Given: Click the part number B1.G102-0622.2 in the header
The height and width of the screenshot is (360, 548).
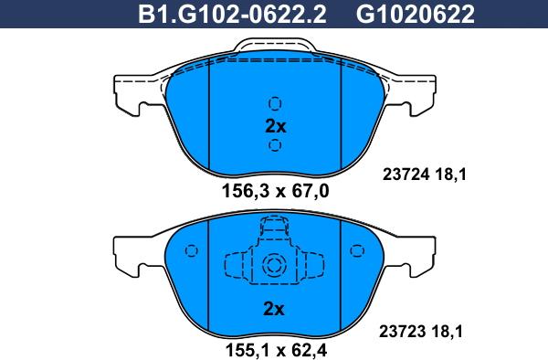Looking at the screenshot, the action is pos(232,15).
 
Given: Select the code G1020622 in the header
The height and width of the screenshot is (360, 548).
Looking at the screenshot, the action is pos(416,15).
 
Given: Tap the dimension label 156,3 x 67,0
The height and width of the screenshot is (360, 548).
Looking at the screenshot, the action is pos(276,191).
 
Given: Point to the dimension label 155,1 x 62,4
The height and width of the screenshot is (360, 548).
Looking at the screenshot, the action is pos(276,349).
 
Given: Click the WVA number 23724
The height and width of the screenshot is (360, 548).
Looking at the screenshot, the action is pos(406,174).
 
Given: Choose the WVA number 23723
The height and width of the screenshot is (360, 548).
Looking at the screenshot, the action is pos(402,331).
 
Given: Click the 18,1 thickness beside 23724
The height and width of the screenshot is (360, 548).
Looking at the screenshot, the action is pos(451,175).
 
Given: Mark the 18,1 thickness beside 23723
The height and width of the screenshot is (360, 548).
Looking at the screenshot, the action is pos(448,332).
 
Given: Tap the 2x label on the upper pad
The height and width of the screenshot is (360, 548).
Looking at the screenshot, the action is pos(276,126).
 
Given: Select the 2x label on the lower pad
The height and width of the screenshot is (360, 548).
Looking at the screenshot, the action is pos(274,309).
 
